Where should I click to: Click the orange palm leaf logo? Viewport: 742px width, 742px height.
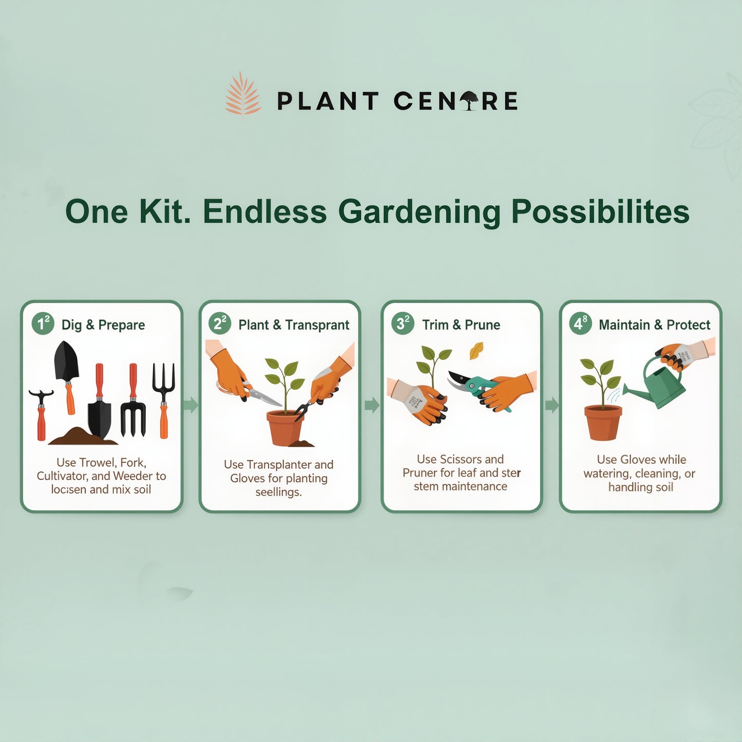243,96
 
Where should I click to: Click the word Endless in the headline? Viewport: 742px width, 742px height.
264,212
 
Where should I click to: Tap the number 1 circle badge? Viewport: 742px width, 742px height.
43,324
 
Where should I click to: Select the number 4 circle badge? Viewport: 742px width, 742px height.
580,324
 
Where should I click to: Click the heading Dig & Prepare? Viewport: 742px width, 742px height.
103,325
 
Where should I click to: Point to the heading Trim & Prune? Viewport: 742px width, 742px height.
461,325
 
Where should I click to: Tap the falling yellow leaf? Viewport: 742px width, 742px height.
477,350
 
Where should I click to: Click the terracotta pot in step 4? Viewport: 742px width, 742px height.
603,422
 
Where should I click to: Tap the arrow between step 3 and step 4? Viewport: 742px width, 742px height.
551,405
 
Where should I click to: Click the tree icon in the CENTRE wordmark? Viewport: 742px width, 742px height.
469,101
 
